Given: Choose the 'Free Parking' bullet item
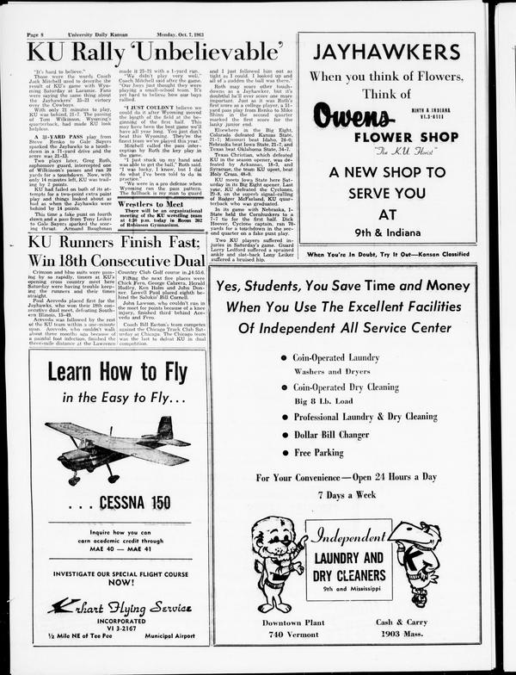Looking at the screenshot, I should pos(318,452).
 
